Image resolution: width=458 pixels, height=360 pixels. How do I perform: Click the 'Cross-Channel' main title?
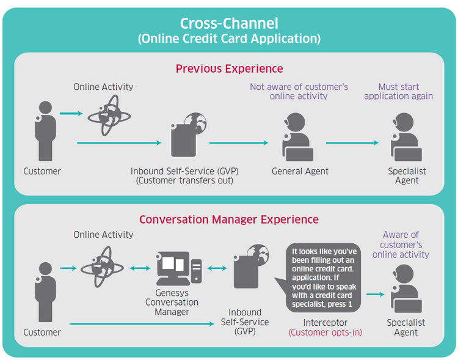(x=229, y=23)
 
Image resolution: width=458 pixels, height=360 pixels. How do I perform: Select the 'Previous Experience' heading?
(x=229, y=68)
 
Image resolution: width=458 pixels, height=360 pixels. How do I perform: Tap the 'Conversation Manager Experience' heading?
(x=229, y=219)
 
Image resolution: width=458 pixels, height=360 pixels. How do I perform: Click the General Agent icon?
(x=297, y=137)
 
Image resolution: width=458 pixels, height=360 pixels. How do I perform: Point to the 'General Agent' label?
(x=300, y=171)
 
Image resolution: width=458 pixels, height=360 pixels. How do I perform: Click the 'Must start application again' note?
(x=398, y=91)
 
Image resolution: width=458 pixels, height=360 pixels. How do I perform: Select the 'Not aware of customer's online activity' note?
(x=299, y=91)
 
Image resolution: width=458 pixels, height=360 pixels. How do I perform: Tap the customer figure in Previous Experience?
(x=45, y=131)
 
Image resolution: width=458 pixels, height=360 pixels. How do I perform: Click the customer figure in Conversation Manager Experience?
(x=45, y=292)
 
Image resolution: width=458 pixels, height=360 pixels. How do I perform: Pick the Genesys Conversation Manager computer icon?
(x=179, y=268)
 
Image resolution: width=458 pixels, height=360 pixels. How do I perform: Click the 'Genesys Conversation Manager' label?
(x=172, y=303)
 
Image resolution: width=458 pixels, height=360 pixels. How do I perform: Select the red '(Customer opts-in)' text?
(x=325, y=332)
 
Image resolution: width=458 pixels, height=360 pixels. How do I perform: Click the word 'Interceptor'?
(x=325, y=323)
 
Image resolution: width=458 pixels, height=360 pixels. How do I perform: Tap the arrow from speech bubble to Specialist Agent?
(x=376, y=295)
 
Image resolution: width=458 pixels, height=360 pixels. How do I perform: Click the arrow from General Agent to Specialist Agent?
(x=352, y=142)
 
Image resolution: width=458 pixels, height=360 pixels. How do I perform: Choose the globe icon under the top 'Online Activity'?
(x=109, y=116)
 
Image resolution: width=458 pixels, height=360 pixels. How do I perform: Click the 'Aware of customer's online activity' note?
(x=401, y=244)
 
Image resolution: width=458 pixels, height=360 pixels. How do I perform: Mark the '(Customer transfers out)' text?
(x=184, y=180)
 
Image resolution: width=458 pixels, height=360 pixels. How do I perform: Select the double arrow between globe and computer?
(x=140, y=268)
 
